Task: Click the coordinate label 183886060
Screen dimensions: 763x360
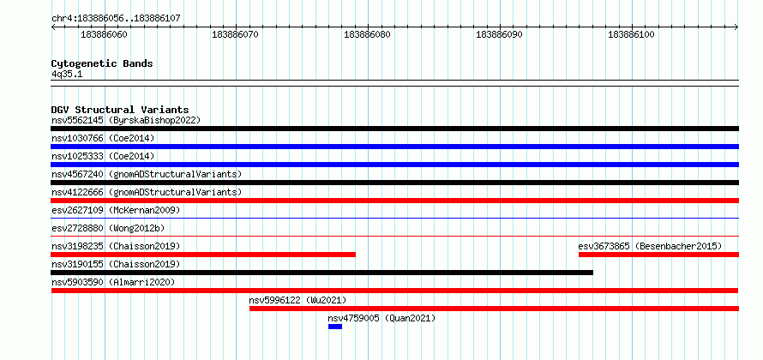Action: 104,34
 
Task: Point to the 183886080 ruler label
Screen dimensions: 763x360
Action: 368,34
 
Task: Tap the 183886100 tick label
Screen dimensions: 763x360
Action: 631,34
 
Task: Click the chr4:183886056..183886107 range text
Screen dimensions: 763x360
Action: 116,19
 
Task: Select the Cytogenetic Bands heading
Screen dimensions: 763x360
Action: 102,63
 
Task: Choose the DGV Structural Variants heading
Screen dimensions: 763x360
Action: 120,110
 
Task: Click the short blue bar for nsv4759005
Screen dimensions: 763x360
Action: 335,327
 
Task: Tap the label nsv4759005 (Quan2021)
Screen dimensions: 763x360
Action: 381,318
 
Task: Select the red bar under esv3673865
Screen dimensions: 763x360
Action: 659,255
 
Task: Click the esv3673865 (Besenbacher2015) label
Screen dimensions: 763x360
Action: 650,246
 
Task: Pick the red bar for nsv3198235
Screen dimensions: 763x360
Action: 203,255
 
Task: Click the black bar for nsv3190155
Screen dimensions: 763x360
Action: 322,273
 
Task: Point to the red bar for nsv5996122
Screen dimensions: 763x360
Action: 495,309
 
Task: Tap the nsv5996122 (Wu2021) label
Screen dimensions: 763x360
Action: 297,300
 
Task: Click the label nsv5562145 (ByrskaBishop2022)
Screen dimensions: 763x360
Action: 126,120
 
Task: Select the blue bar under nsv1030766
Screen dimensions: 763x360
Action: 395,147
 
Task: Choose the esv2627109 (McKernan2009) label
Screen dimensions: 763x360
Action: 116,210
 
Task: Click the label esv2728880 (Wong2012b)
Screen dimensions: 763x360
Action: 110,228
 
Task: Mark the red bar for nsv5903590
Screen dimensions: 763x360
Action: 395,291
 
